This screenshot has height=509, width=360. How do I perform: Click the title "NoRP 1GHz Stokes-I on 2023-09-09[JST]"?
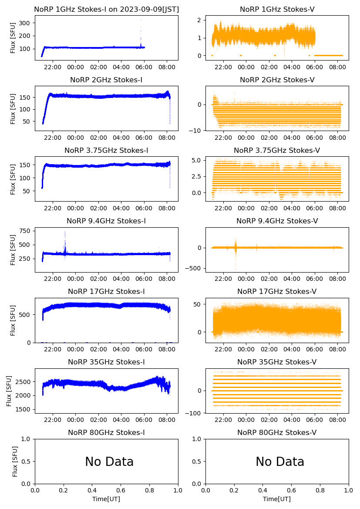tap(107, 9)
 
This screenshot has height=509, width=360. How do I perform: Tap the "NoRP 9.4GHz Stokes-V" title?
tap(277, 221)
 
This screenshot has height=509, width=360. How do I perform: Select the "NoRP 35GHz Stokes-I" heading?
tap(107, 362)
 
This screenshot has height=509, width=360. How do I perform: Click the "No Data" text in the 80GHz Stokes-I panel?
tap(109, 462)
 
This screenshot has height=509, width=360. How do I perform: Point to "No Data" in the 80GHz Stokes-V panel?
tap(280, 462)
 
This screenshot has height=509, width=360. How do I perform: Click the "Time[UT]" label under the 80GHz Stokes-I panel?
tap(107, 499)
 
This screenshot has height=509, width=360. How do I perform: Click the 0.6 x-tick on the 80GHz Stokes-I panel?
tap(121, 491)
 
